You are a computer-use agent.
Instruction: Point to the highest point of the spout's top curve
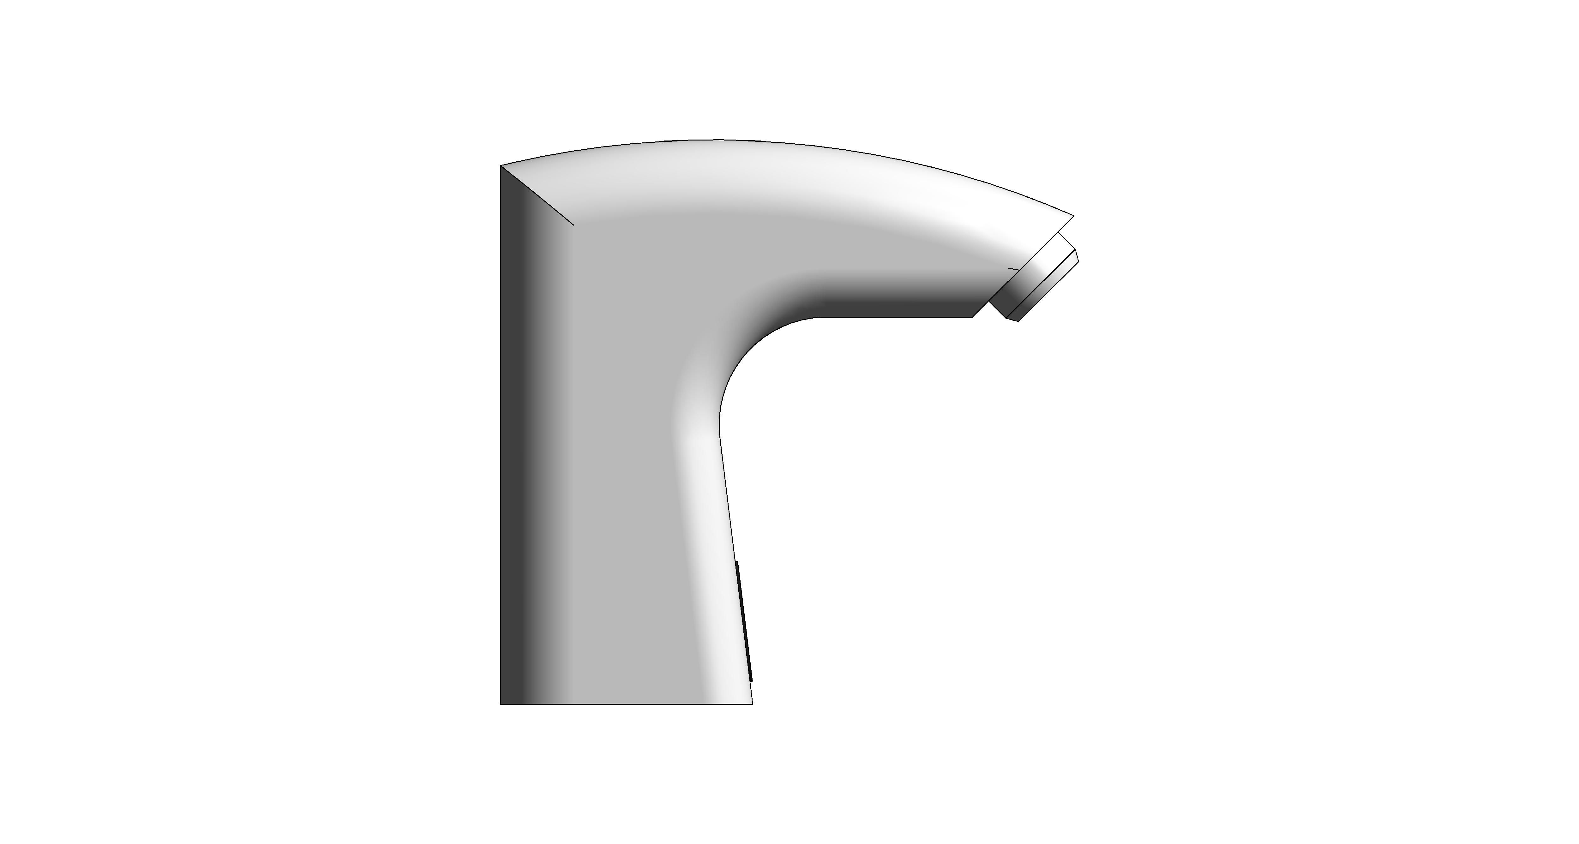pyautogui.click(x=717, y=140)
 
